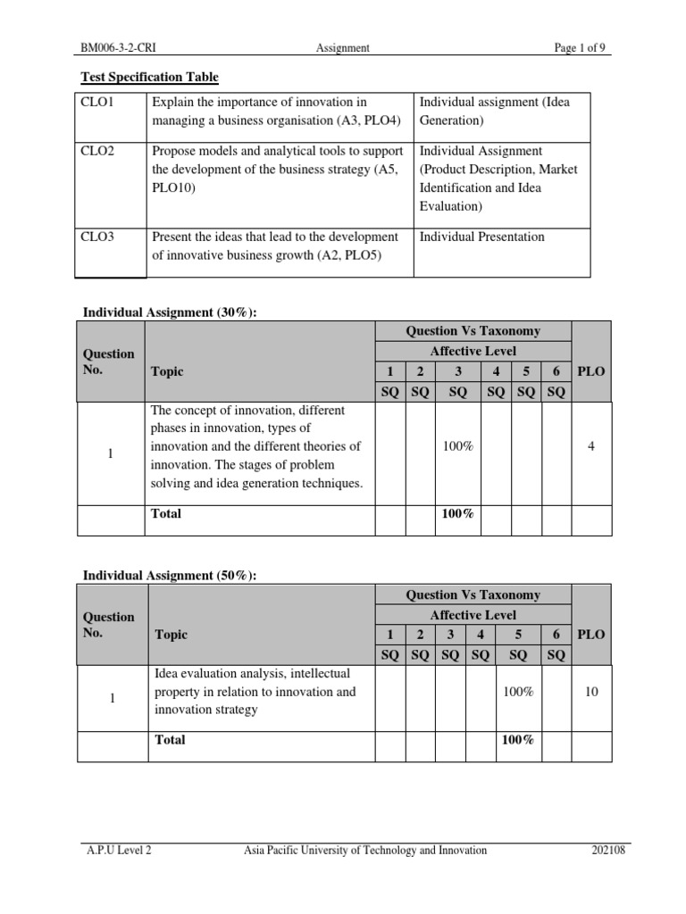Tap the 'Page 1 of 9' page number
tap(582, 48)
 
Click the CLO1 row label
tap(98, 103)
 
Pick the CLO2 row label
tap(98, 152)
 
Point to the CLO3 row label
tap(98, 237)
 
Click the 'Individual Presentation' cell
tap(481, 237)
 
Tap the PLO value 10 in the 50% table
tap(591, 692)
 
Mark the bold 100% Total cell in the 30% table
tap(457, 514)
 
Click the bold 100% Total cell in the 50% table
tap(518, 740)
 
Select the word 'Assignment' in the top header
tap(343, 48)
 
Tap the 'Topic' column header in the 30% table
tap(167, 371)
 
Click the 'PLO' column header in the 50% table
tap(591, 635)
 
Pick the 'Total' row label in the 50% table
tap(170, 740)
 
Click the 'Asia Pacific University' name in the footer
tap(365, 851)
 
